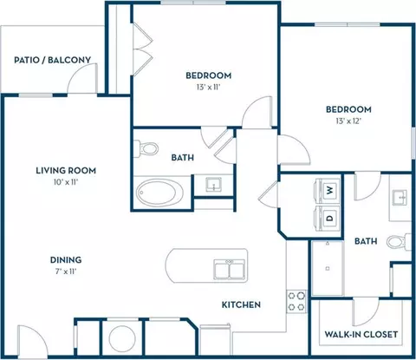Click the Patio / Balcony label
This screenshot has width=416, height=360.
coord(53,60)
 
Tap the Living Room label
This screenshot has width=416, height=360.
coord(66,171)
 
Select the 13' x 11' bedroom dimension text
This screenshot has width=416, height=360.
coord(209,87)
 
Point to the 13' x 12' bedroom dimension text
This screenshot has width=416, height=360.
coord(348,121)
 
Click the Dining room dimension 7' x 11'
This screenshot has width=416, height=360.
coord(66,272)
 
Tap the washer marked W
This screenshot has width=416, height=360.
coord(328,190)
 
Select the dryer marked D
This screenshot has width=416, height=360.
coord(328,218)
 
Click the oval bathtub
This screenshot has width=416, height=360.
coord(159,193)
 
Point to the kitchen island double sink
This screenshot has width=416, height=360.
coord(230,269)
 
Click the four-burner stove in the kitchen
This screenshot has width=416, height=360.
coord(296,301)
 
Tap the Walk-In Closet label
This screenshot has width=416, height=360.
coord(361,334)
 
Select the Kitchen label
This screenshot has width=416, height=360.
coord(241,304)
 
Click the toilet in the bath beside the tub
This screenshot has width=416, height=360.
coord(146,148)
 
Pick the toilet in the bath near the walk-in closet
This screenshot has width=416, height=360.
coord(399,242)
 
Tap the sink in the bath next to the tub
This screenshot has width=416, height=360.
coord(213,184)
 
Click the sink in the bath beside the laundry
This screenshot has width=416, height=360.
coord(400,198)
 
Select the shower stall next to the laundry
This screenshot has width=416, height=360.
coord(328,268)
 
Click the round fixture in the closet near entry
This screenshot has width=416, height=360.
coord(122,338)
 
